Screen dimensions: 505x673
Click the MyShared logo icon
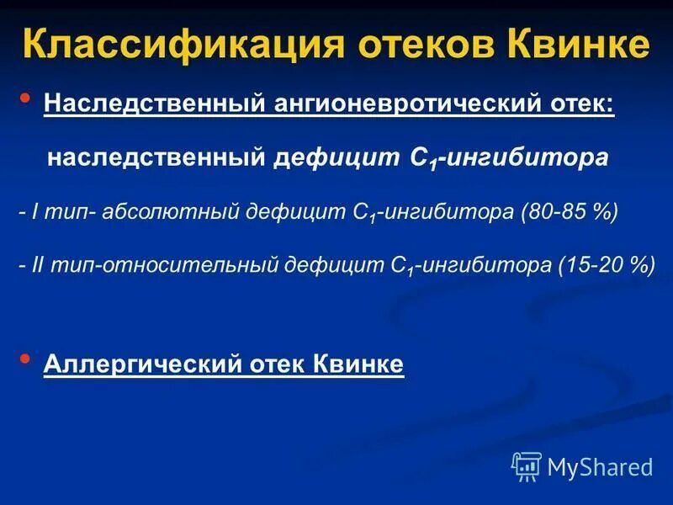tap(527, 465)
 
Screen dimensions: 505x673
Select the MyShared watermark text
tap(600, 466)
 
